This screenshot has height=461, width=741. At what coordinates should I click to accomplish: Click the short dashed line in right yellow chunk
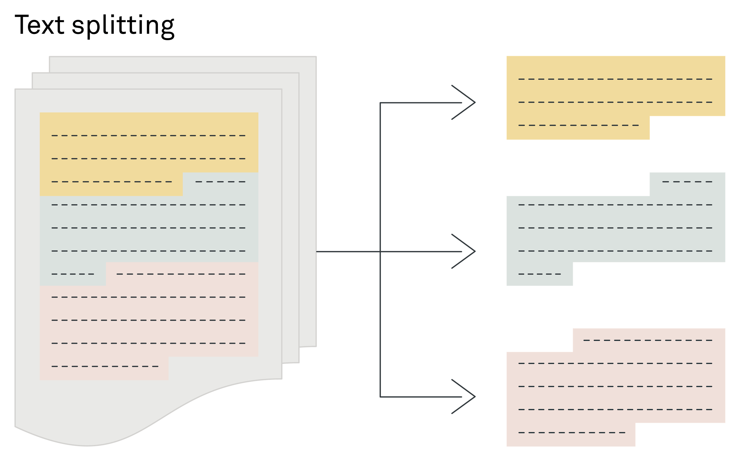point(579,125)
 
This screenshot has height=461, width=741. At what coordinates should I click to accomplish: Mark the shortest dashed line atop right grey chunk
point(687,182)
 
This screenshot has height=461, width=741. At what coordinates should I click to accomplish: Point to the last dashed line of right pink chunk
point(572,433)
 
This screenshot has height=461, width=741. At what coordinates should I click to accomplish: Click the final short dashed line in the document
point(105,366)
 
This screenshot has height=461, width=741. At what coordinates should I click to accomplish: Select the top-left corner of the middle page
point(32,74)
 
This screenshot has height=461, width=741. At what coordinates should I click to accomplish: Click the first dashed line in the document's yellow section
point(148,135)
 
